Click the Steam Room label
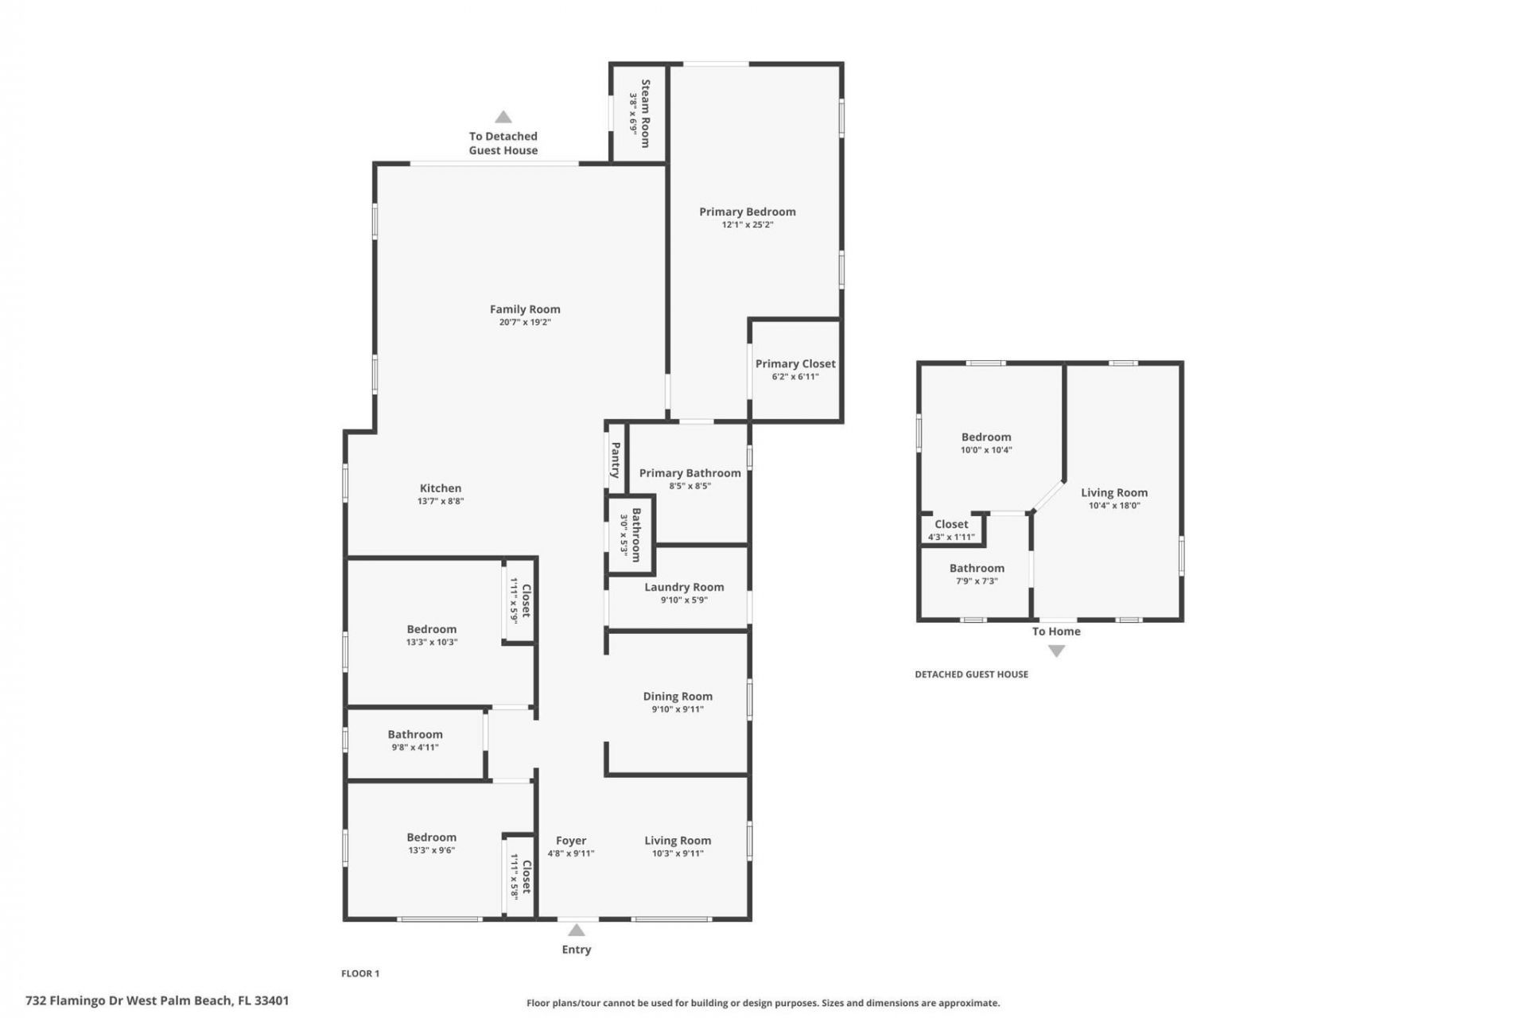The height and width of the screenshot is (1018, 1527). [x=646, y=113]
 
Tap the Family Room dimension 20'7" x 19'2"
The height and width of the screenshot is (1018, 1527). [x=525, y=322]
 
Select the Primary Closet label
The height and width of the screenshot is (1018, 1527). [x=795, y=363]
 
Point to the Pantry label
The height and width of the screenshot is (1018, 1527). [x=616, y=460]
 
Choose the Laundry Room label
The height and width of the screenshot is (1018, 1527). [x=684, y=587]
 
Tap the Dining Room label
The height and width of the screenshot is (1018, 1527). [x=678, y=696]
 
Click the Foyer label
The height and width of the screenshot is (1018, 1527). [x=571, y=840]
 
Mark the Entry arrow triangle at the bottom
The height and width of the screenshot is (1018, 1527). [x=577, y=930]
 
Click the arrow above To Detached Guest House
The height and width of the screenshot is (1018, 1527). [x=503, y=117]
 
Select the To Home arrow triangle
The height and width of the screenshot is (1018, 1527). [x=1056, y=651]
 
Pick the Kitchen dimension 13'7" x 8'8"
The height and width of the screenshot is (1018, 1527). [x=441, y=501]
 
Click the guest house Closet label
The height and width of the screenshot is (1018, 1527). [x=951, y=524]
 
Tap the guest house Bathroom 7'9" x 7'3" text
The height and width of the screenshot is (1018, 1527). [x=977, y=581]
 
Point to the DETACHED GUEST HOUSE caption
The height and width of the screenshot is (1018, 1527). [x=971, y=674]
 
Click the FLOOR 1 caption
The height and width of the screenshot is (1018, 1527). [x=360, y=973]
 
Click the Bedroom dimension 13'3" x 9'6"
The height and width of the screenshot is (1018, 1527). [x=431, y=850]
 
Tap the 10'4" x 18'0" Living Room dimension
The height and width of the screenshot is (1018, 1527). [x=1113, y=505]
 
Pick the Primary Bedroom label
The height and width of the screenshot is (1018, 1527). [x=747, y=212]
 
